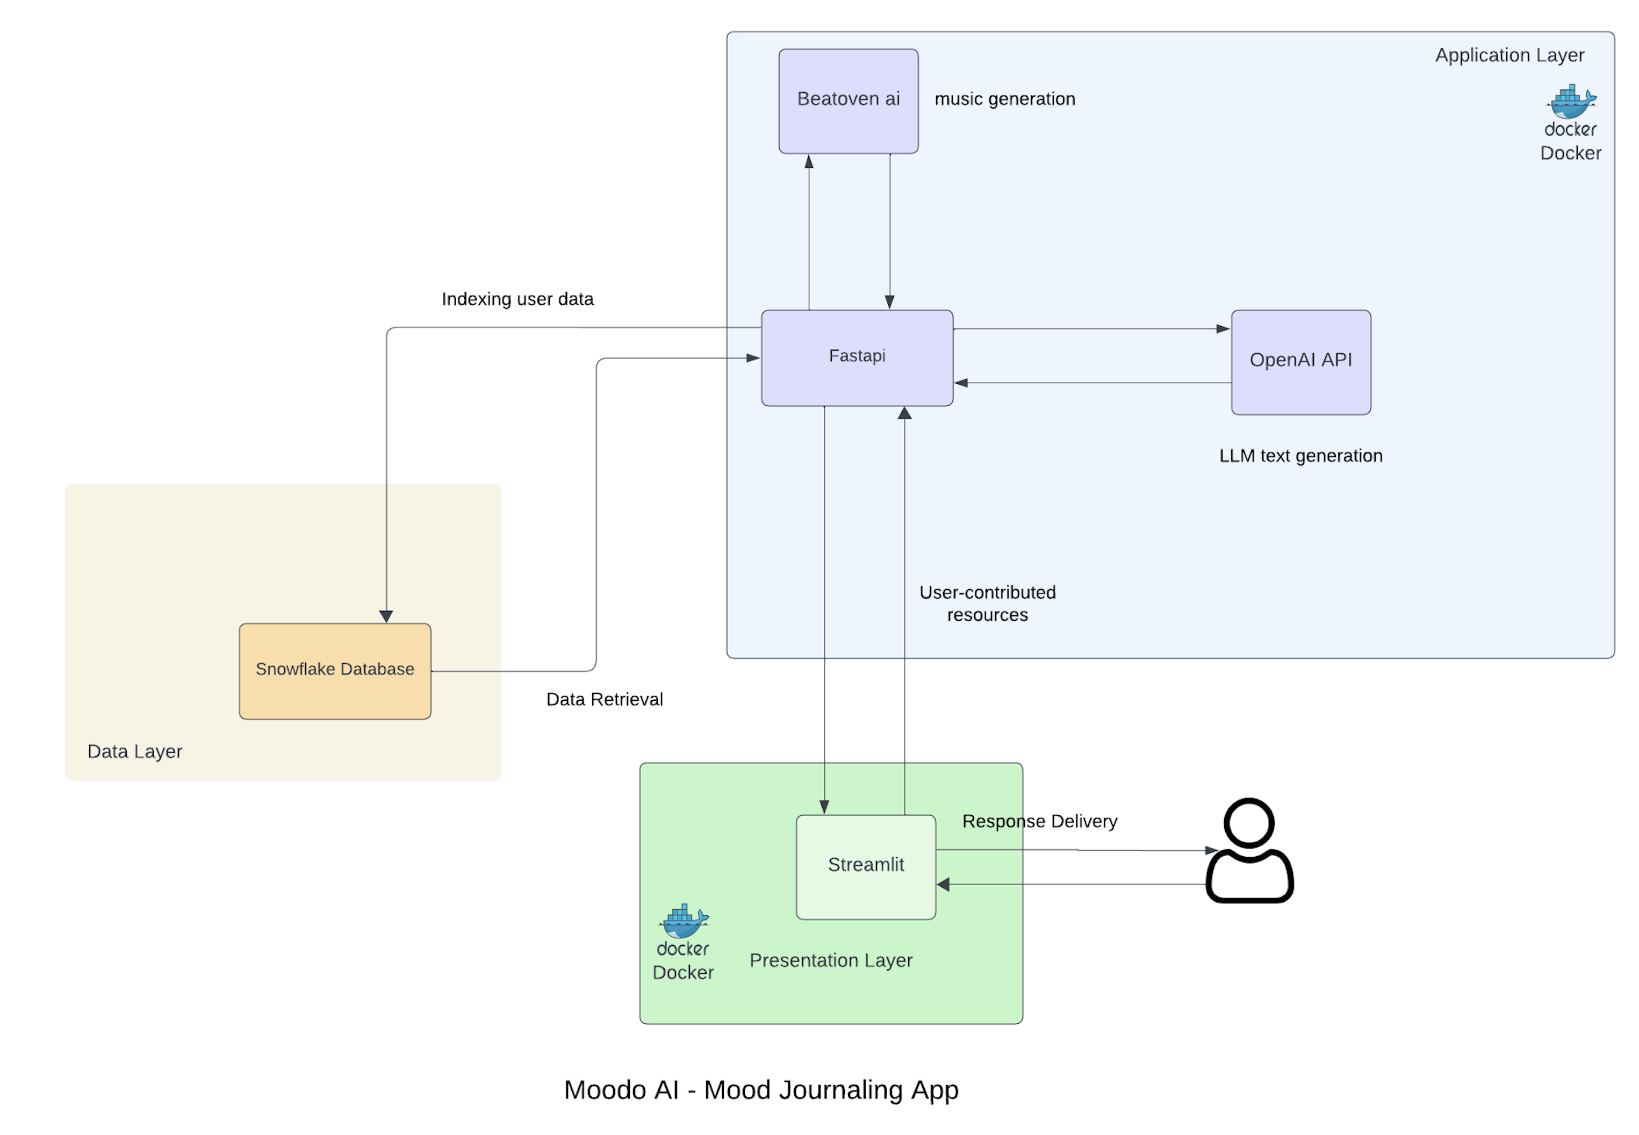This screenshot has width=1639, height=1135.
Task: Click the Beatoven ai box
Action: [x=849, y=101]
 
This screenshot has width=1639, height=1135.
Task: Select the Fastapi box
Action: [x=857, y=358]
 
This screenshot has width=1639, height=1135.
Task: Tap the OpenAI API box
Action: [x=1300, y=362]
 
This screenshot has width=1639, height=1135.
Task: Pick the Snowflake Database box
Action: [x=335, y=671]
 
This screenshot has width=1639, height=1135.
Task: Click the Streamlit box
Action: [x=865, y=866]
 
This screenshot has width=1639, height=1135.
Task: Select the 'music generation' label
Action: [x=1004, y=99]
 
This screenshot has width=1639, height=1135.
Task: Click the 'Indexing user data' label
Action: [x=517, y=299]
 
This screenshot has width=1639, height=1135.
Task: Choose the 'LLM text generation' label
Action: [x=1300, y=455]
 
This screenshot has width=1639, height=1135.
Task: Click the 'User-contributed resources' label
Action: [x=987, y=603]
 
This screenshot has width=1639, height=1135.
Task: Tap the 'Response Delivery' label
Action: [x=1039, y=821]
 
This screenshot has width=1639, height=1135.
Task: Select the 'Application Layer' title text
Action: [x=1509, y=55]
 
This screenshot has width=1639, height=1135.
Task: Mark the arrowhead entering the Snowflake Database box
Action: [x=386, y=616]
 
